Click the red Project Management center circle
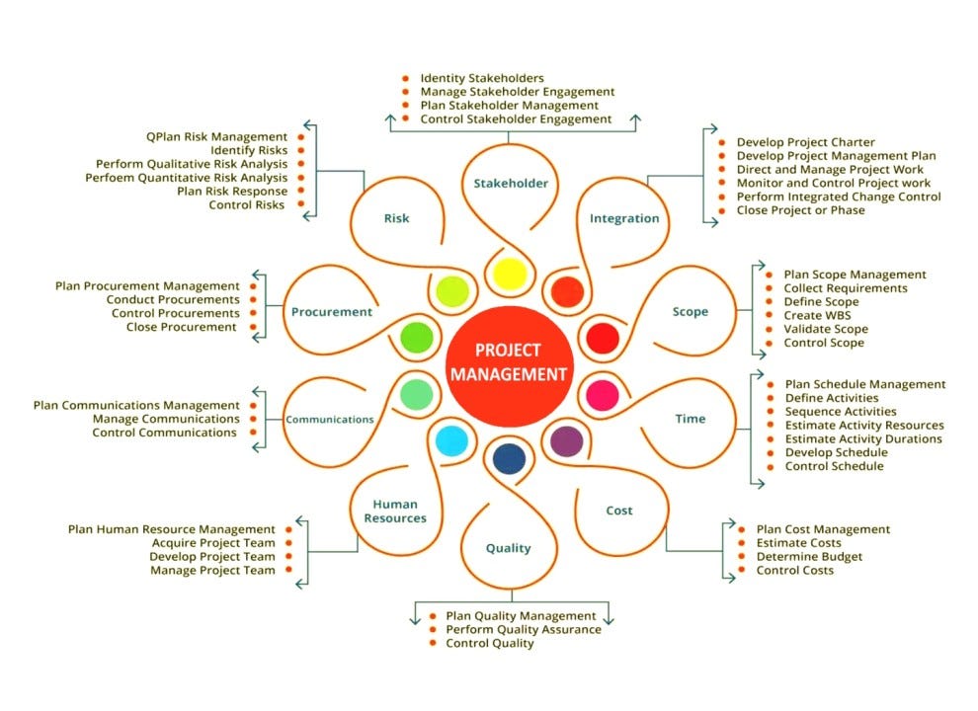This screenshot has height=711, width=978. pos(508,361)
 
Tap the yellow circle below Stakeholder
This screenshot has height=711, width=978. pos(508,274)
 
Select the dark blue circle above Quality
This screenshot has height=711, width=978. pos(508,458)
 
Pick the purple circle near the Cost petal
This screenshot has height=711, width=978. pos(566,439)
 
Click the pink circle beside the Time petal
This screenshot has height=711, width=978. pos(602,394)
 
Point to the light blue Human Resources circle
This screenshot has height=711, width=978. pos(450,440)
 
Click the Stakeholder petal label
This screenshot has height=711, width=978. pos(510,183)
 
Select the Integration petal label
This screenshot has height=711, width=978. pos(623,218)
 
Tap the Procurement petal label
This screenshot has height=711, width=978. pos(332,312)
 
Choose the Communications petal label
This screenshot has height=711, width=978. pos(330,419)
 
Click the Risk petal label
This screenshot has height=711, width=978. pos(396,219)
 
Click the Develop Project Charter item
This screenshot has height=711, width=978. pos(805,142)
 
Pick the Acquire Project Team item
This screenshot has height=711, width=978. pos(213,543)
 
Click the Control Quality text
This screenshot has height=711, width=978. pos(490,643)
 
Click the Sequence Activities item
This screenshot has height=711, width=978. pos(841,411)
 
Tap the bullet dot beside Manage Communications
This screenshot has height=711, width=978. pos(253,419)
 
